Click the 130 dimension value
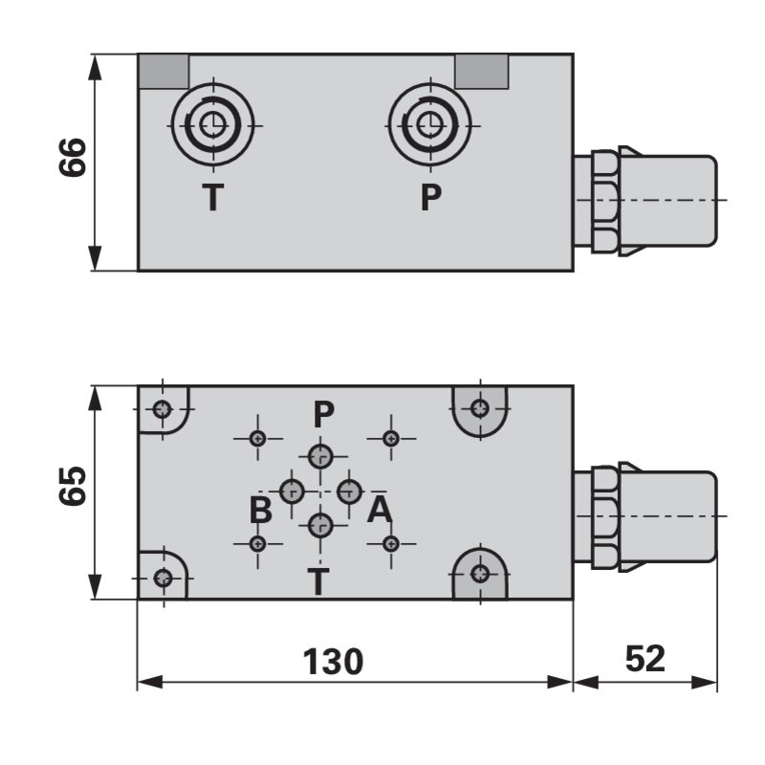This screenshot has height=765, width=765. tap(333, 661)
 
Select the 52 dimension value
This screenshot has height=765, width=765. tap(645, 659)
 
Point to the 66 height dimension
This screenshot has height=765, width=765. tap(74, 158)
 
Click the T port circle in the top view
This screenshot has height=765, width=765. tap(212, 123)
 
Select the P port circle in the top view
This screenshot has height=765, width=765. tap(429, 123)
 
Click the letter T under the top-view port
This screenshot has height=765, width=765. tap(212, 198)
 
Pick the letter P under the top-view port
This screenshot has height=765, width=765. tap(431, 198)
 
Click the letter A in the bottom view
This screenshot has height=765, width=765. tap(380, 511)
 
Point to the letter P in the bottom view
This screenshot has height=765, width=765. tap(324, 414)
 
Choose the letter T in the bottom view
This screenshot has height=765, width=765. tap(318, 580)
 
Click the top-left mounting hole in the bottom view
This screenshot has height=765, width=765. tap(164, 410)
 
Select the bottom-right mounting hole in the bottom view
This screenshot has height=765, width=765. tap(480, 574)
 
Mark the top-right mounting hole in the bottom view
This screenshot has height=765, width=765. tap(480, 409)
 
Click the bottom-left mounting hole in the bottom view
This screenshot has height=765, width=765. tap(164, 578)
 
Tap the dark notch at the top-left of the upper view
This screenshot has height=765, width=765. tap(164, 71)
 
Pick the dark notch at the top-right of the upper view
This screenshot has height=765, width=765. tap(481, 71)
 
